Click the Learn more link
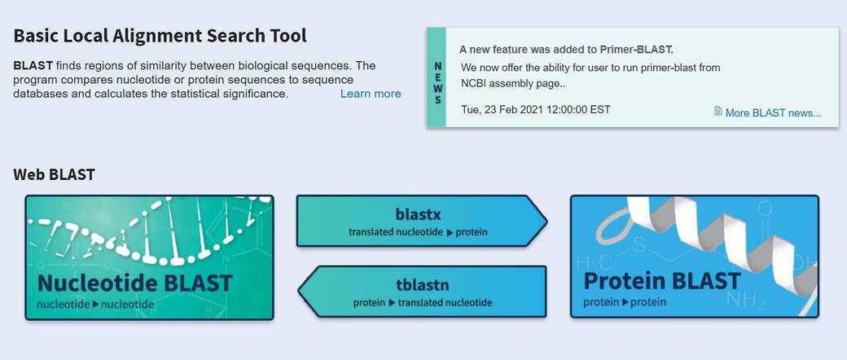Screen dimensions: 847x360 click(x=371, y=94)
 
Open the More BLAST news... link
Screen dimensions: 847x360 click(x=773, y=113)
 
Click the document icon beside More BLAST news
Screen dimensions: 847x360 click(x=718, y=112)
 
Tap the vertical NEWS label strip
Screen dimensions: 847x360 click(x=437, y=78)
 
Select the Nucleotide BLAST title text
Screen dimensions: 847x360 click(x=135, y=283)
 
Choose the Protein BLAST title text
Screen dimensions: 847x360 click(x=661, y=281)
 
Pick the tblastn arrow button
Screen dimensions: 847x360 click(x=422, y=291)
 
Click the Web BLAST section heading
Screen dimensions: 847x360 click(x=54, y=174)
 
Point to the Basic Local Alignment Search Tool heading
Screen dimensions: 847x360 click(x=160, y=36)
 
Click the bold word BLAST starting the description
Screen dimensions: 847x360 click(x=33, y=66)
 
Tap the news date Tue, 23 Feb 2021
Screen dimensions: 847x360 click(x=536, y=110)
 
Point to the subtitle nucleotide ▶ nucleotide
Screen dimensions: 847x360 click(x=95, y=305)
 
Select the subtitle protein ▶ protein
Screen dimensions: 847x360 click(x=625, y=302)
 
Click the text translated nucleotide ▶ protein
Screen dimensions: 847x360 click(x=418, y=232)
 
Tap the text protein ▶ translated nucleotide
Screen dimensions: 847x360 click(x=423, y=303)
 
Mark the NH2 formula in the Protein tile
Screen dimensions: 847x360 click(x=747, y=299)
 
